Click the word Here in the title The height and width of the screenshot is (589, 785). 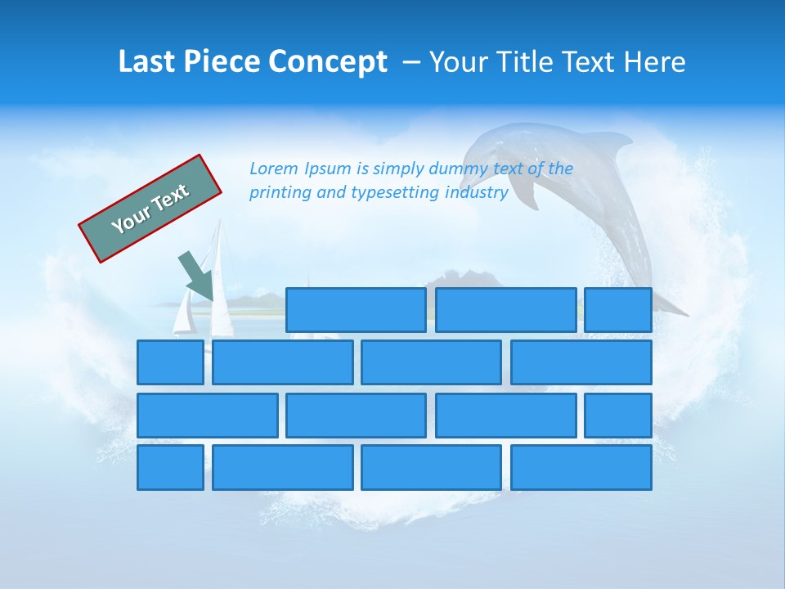click(654, 62)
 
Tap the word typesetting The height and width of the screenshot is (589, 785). click(396, 193)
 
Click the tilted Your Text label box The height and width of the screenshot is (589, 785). click(150, 208)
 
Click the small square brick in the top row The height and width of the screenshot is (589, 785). click(618, 310)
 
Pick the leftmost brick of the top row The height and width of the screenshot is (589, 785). click(356, 310)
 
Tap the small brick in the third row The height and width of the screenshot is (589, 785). click(618, 416)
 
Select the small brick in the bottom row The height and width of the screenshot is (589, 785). click(170, 467)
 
